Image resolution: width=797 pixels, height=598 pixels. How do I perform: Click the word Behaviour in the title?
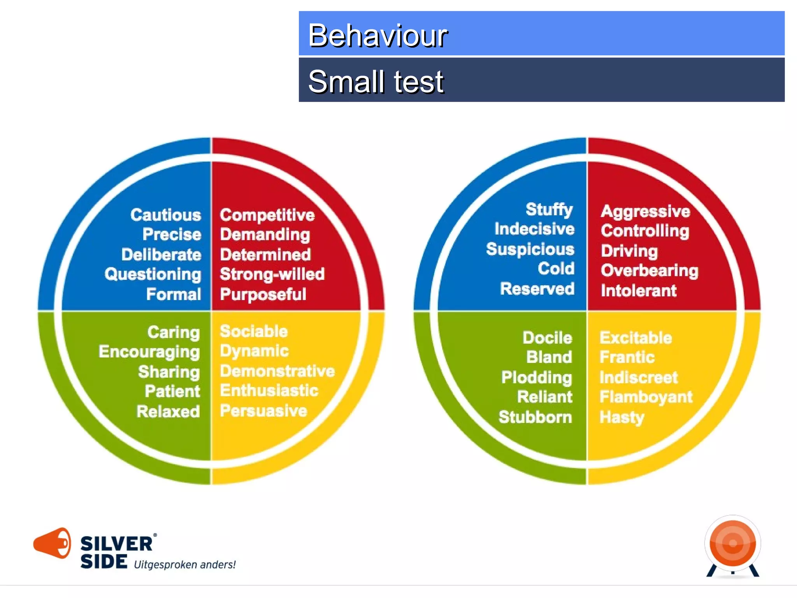tap(377, 36)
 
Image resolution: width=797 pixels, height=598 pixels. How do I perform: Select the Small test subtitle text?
tap(376, 82)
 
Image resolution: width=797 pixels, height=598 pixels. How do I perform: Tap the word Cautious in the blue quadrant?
tap(165, 215)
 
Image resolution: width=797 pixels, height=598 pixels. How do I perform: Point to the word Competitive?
tap(267, 215)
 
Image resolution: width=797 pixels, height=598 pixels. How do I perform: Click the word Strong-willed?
tap(272, 274)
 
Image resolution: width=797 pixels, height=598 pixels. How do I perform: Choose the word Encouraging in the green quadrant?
tap(149, 352)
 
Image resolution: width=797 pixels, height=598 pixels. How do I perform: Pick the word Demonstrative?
tap(277, 371)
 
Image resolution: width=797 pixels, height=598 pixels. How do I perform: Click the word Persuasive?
tap(263, 411)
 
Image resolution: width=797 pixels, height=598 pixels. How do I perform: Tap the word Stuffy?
tap(549, 209)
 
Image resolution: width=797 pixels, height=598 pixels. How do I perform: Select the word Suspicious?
tap(530, 249)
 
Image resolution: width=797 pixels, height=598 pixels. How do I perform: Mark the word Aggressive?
tap(645, 211)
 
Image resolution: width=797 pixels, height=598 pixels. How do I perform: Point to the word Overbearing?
tap(649, 271)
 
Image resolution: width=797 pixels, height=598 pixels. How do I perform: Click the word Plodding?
tap(537, 377)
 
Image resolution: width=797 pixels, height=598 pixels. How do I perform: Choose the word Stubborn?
tap(535, 417)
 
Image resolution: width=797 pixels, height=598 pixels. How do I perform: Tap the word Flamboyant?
tap(646, 397)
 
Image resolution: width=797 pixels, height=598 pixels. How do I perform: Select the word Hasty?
tap(622, 417)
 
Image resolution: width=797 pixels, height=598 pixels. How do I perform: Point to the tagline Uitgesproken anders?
tap(185, 565)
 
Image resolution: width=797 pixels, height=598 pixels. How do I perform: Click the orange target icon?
tap(733, 544)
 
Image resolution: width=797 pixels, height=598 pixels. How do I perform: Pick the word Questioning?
tap(153, 274)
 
